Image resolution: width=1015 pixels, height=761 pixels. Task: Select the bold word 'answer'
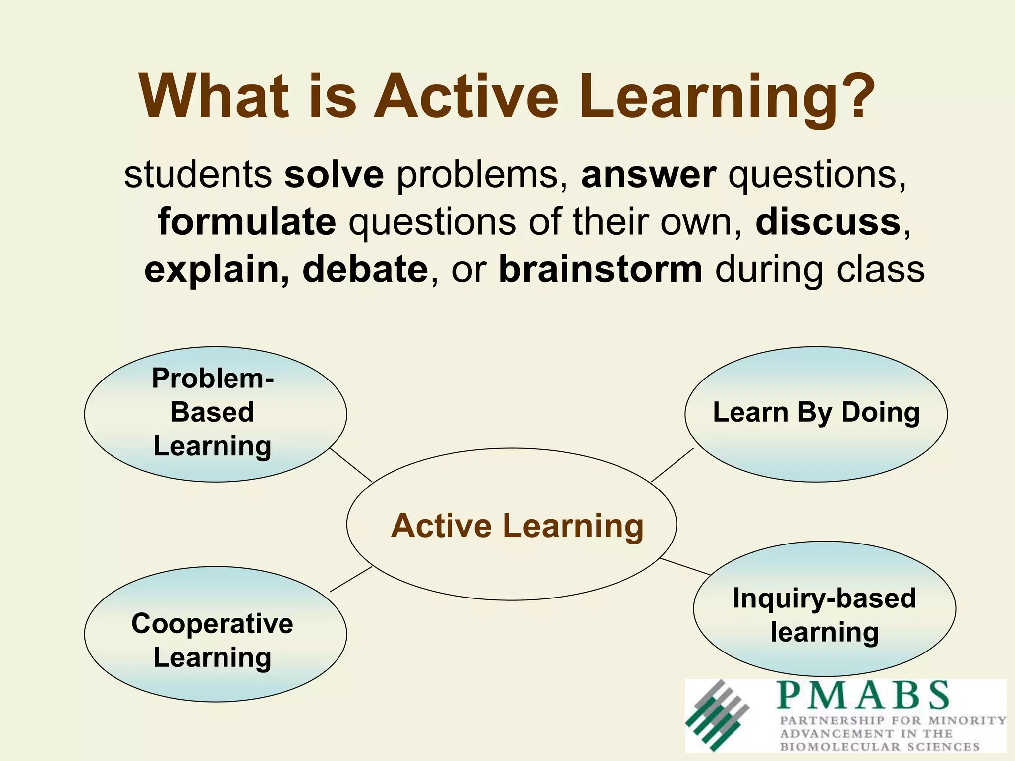[x=648, y=175]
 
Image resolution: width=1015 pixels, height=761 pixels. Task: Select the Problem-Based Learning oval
[x=215, y=414]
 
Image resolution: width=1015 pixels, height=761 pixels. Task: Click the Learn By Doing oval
[x=816, y=414]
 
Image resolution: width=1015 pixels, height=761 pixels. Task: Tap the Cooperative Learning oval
[x=215, y=634]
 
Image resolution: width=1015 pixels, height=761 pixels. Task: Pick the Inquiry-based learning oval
[x=824, y=608]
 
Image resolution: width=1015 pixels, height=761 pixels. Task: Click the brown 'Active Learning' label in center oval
[x=517, y=526]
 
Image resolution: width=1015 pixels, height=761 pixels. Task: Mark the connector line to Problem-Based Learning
[x=351, y=465]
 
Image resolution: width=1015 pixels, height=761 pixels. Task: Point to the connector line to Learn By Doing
[x=672, y=465]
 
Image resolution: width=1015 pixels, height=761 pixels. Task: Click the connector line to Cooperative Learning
[x=351, y=579]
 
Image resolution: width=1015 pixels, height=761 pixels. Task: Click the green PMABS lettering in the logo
[x=863, y=695]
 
